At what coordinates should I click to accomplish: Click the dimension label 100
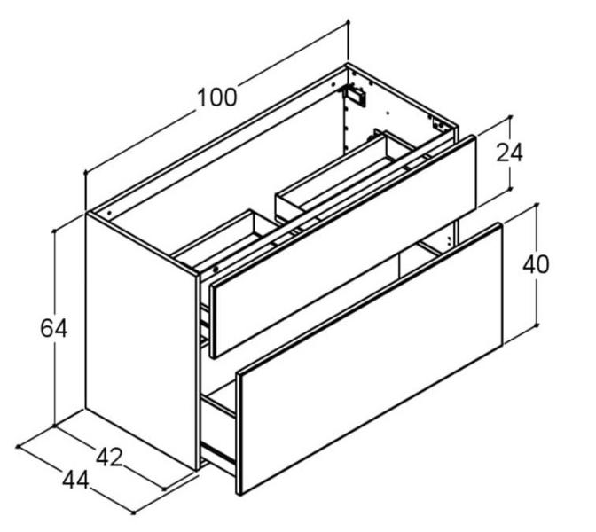(x=217, y=98)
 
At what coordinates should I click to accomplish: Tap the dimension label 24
(x=509, y=153)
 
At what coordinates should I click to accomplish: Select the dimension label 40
(x=536, y=264)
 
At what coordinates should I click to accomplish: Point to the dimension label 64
(x=54, y=329)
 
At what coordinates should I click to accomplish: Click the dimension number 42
(x=109, y=458)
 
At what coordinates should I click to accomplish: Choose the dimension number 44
(x=76, y=480)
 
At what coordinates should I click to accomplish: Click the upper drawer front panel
(x=343, y=247)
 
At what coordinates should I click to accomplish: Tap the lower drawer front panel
(x=369, y=359)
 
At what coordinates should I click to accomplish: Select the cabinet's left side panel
(x=141, y=342)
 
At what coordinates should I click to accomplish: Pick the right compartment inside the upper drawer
(x=344, y=173)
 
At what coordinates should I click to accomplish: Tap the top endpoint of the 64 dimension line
(x=55, y=231)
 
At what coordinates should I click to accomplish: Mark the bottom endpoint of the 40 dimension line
(x=537, y=325)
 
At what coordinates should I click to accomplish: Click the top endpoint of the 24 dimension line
(x=510, y=117)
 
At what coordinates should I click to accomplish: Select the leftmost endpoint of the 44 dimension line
(x=18, y=446)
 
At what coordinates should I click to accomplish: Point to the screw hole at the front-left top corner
(x=109, y=214)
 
